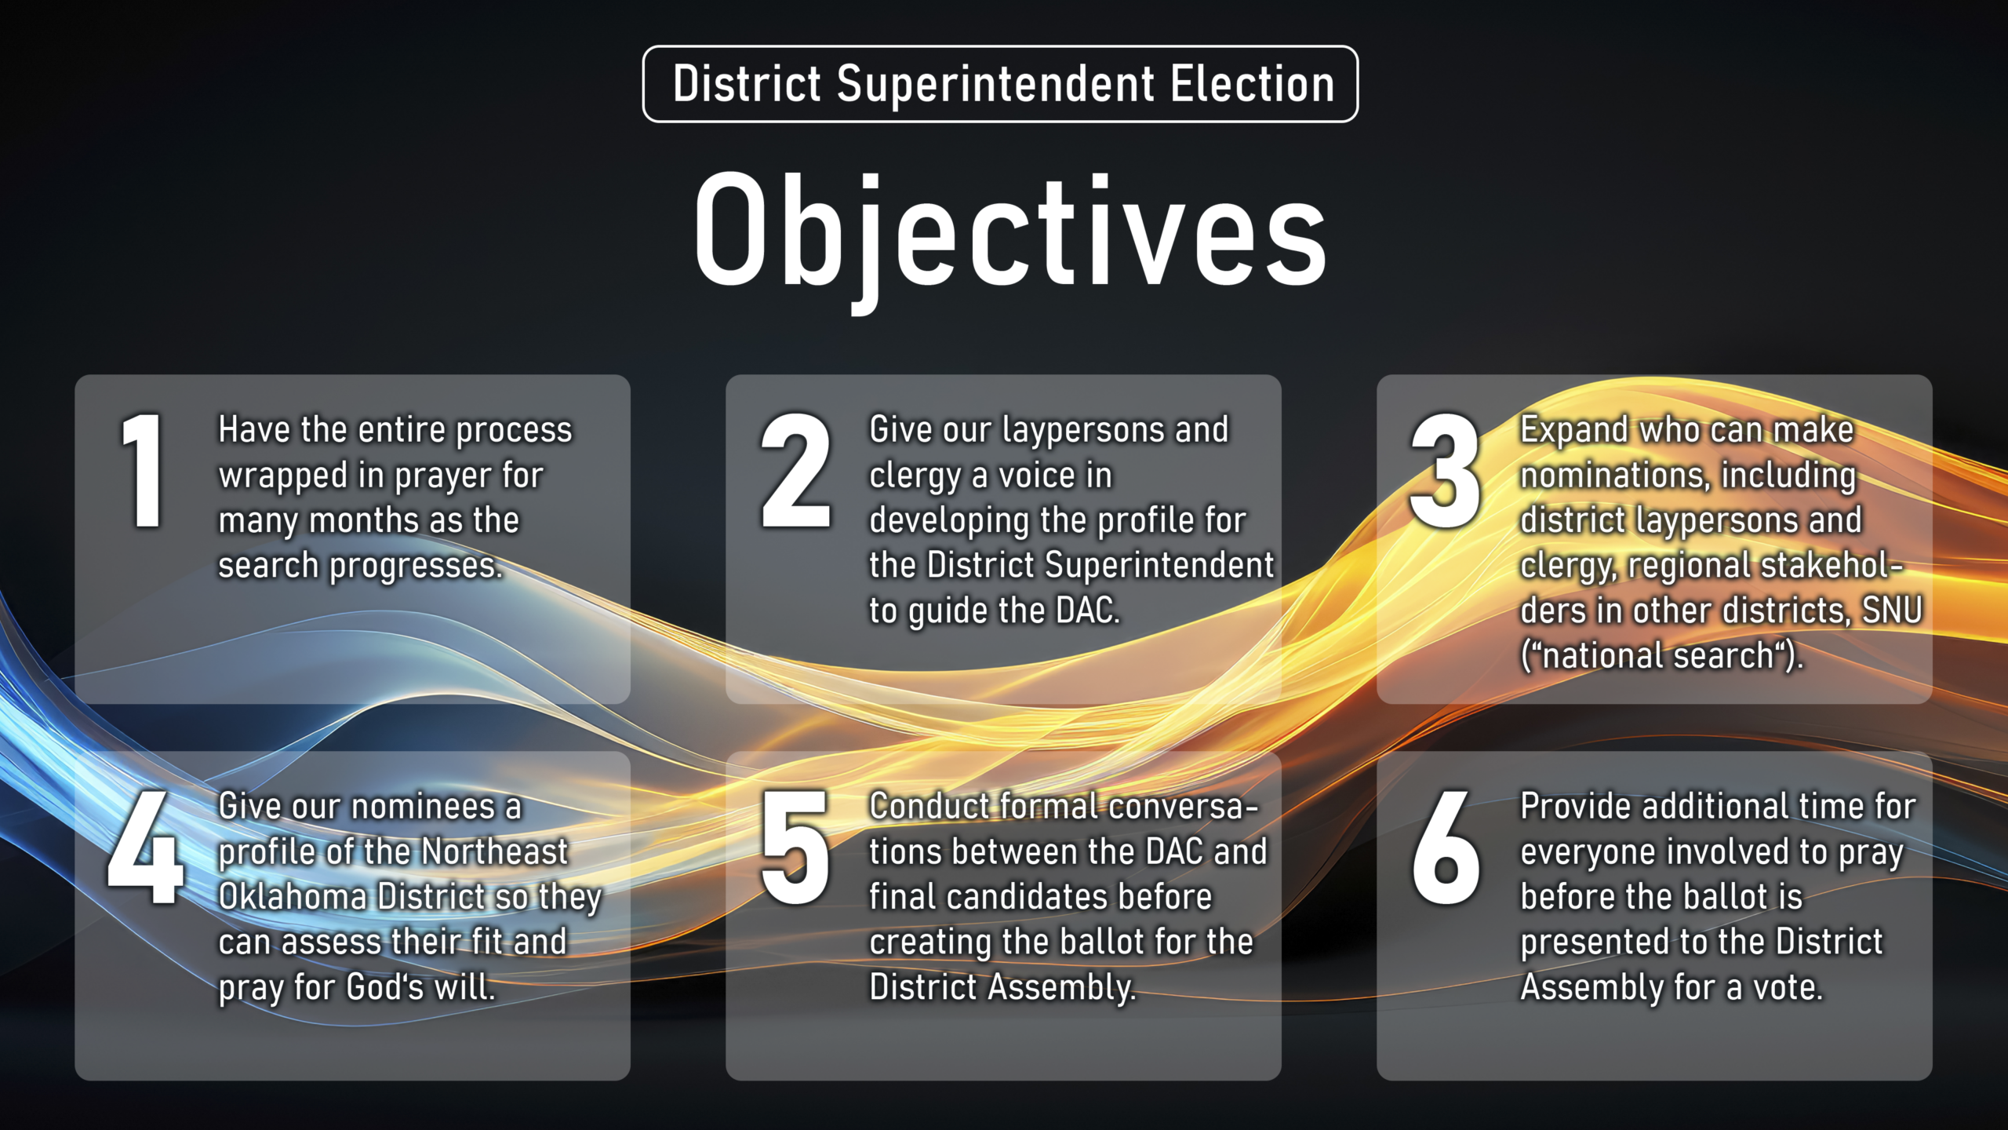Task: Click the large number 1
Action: coord(144,471)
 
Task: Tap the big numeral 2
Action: coord(795,471)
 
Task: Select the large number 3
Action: coord(1445,471)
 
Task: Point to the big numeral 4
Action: coord(146,847)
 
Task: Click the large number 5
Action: coord(795,847)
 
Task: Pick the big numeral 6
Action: coord(1446,847)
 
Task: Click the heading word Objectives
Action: coord(1009,232)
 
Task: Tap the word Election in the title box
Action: coord(1252,84)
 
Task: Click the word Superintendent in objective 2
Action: coord(1159,565)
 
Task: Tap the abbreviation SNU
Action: coord(1892,611)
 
